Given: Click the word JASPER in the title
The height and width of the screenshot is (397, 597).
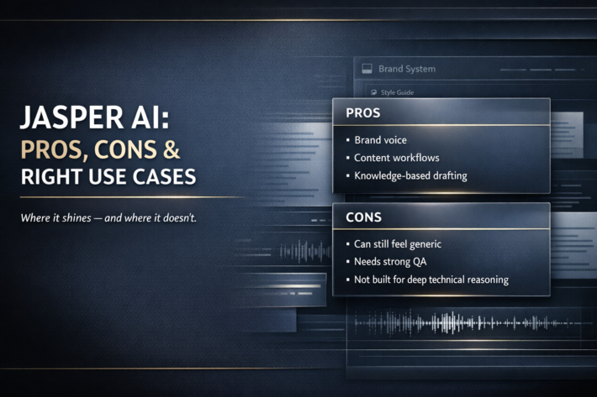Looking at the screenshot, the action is (x=72, y=117).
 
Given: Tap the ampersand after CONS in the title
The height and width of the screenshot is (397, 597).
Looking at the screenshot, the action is (x=172, y=149).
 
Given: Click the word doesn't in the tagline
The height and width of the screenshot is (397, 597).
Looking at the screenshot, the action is (x=180, y=217).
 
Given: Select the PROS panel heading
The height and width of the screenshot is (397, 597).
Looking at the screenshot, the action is (x=363, y=112).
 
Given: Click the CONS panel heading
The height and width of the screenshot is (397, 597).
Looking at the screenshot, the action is (x=363, y=217).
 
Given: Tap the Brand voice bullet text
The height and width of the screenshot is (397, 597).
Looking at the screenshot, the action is (x=380, y=140).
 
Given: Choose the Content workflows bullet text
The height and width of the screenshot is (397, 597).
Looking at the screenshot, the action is (x=397, y=158).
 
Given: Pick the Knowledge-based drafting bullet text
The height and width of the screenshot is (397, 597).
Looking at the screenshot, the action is (x=411, y=176).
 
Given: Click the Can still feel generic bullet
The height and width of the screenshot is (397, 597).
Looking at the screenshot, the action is (x=398, y=244).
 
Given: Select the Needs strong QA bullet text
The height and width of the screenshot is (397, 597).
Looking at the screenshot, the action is (x=390, y=262).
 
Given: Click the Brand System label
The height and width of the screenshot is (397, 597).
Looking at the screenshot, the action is (x=407, y=69).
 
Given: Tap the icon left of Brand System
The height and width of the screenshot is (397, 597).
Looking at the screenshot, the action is (x=367, y=69).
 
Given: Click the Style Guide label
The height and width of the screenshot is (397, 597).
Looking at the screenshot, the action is (x=397, y=92).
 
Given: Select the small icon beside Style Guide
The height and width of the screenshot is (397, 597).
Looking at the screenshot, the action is (x=374, y=92).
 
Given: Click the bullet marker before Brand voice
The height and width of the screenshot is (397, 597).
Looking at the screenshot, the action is (x=347, y=140).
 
